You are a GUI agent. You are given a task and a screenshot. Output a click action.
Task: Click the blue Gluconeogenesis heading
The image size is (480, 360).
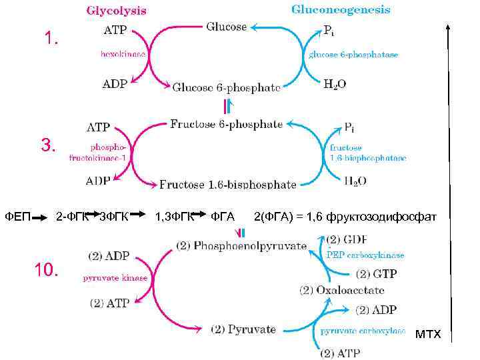click(341, 10)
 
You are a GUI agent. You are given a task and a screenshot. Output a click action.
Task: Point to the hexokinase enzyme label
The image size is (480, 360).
click(123, 54)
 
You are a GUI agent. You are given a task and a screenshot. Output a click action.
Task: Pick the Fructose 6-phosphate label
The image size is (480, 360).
click(226, 124)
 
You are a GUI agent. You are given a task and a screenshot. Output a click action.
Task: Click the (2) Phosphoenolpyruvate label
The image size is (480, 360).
click(241, 245)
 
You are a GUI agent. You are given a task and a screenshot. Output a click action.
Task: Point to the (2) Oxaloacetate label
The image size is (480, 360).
click(341, 290)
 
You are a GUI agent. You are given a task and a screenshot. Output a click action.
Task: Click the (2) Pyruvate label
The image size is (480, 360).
click(243, 329)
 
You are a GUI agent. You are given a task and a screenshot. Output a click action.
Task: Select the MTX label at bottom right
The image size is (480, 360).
click(428, 333)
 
